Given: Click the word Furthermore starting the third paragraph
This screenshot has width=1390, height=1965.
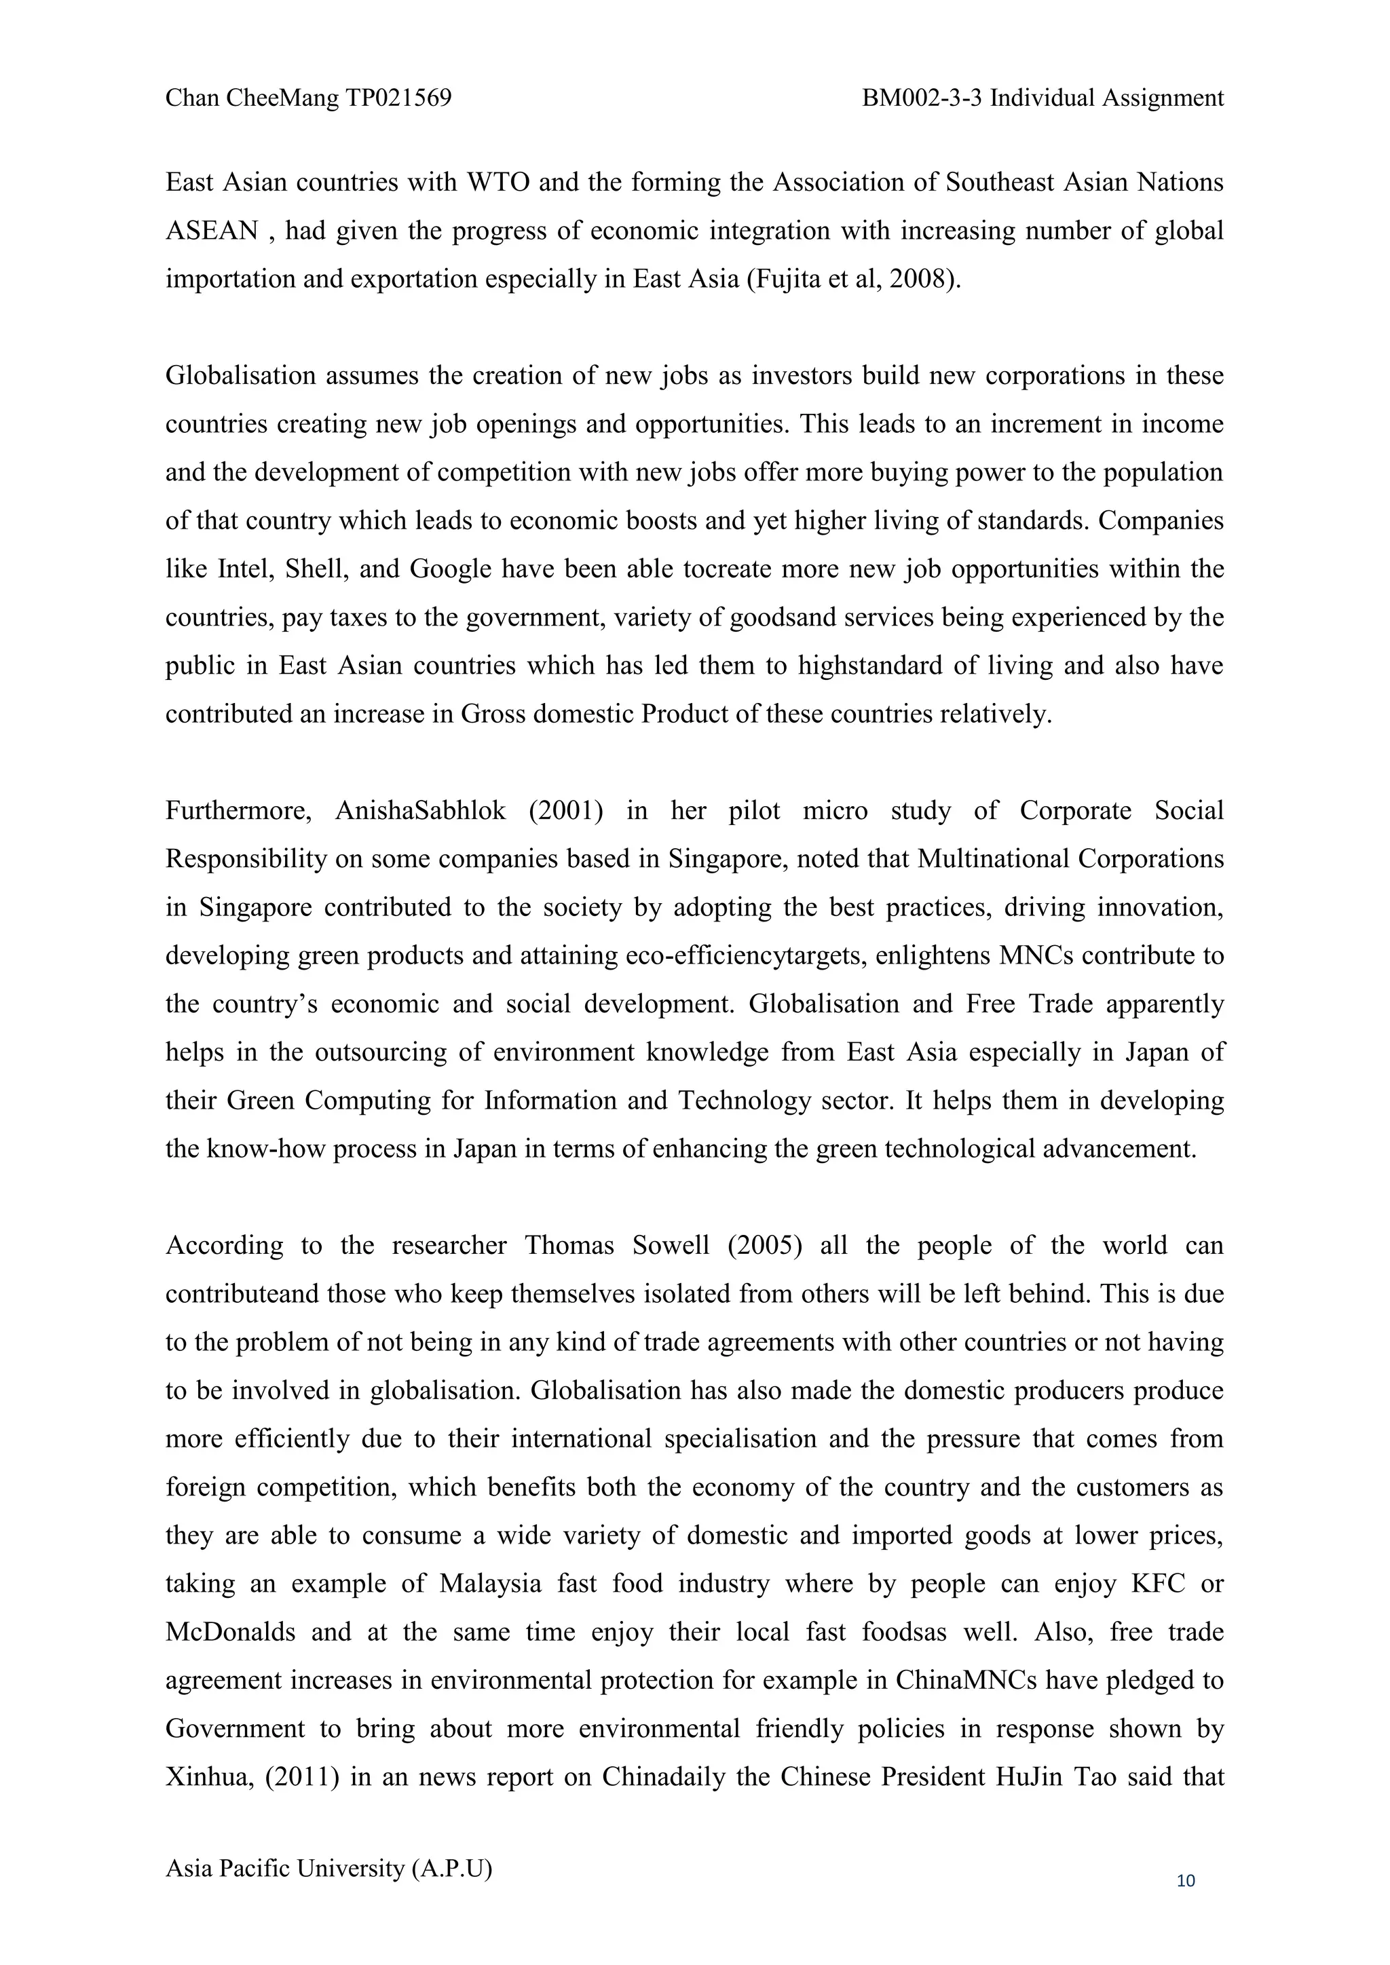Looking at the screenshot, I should point(237,810).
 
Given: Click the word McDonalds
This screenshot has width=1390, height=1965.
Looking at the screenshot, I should point(230,1632).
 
